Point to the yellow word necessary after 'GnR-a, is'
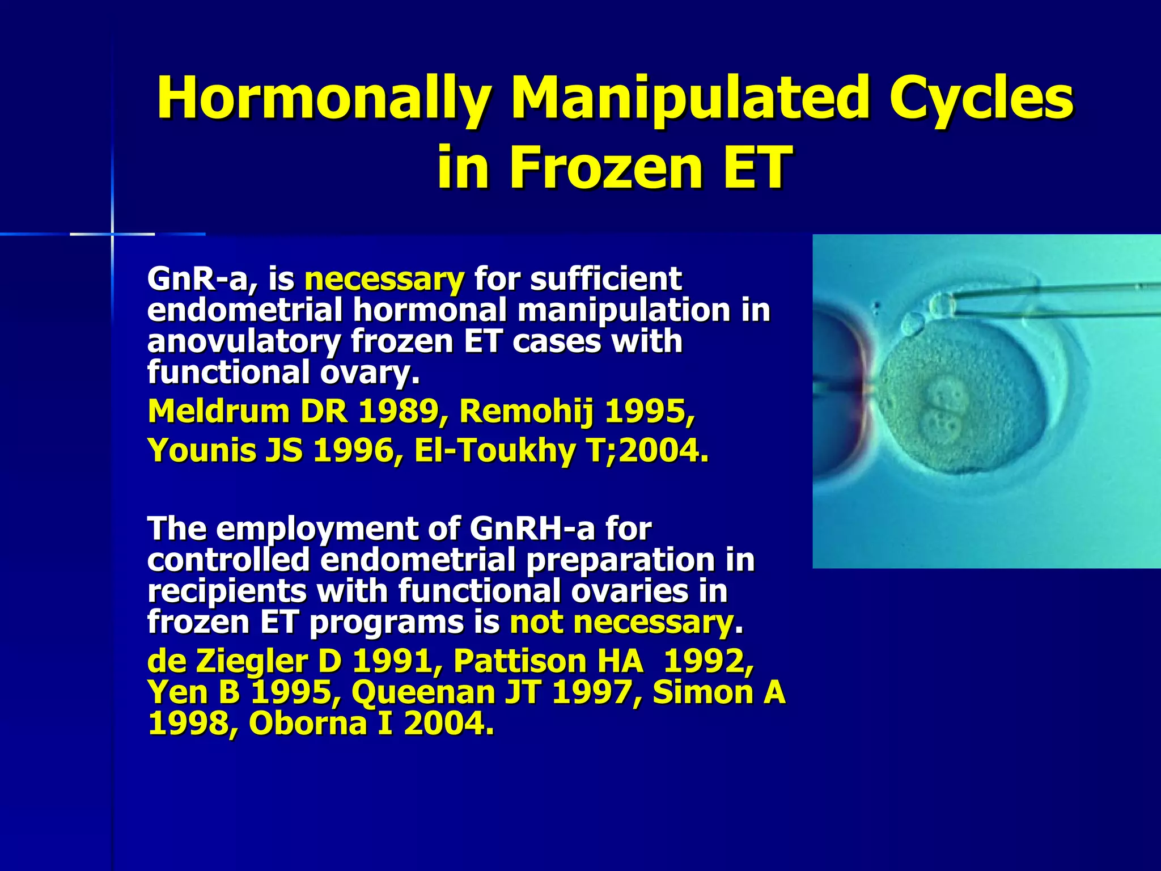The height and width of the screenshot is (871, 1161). point(384,279)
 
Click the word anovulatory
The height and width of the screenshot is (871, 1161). point(244,342)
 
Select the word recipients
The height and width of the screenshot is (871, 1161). point(227,591)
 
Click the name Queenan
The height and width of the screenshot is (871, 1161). point(431,693)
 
